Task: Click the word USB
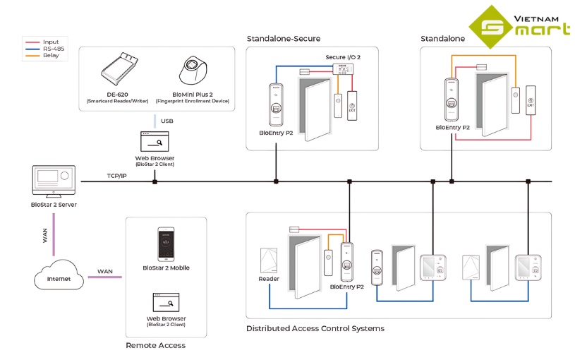(167, 121)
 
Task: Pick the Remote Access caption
(155, 345)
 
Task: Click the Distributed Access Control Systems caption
(315, 328)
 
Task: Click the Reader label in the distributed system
(269, 279)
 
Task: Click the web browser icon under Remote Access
(166, 304)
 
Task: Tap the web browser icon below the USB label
(155, 141)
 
